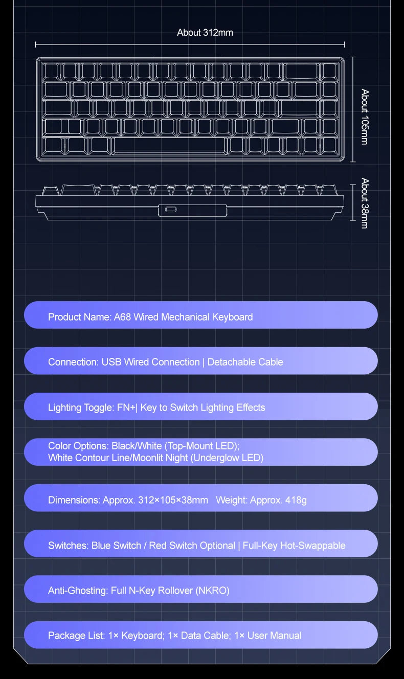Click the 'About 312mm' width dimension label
205,32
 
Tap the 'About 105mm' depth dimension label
365,117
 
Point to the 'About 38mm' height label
365,203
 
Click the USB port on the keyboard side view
171,209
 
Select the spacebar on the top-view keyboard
170,146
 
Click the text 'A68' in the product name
122,317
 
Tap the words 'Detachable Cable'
245,362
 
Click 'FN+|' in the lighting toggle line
127,408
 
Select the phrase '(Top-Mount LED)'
202,446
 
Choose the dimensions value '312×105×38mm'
173,500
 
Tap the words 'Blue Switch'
117,546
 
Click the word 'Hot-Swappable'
313,546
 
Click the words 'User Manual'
274,636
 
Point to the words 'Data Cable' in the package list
206,636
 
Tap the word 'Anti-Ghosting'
78,591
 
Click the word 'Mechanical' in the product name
185,317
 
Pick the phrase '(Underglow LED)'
227,458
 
